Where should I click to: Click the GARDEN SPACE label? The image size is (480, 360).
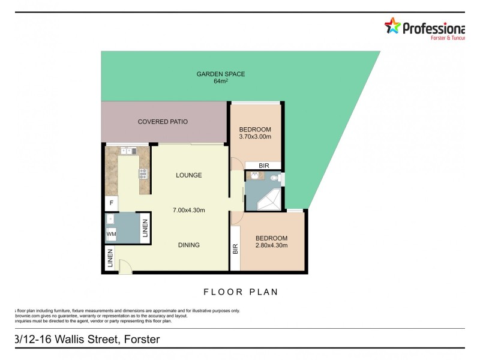(221, 74)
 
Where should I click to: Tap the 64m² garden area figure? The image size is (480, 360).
(221, 82)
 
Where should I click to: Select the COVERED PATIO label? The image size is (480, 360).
(163, 122)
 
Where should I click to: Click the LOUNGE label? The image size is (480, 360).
(188, 175)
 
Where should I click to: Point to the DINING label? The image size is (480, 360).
(188, 245)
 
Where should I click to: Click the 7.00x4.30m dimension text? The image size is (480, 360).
(188, 210)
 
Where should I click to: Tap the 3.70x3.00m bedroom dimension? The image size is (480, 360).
(255, 137)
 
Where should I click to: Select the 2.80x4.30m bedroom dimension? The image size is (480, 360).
(271, 245)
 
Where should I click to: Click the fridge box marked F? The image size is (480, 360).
(111, 203)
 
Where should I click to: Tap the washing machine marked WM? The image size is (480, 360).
(111, 233)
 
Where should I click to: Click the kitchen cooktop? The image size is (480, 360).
(143, 174)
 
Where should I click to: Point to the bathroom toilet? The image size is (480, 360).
(275, 178)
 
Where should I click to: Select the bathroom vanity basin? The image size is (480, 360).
(255, 176)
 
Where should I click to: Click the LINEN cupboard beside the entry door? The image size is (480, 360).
(109, 259)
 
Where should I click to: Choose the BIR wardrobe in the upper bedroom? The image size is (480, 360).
(263, 166)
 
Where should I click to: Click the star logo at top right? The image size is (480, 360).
(392, 26)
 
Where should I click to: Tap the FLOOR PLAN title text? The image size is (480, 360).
(241, 292)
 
